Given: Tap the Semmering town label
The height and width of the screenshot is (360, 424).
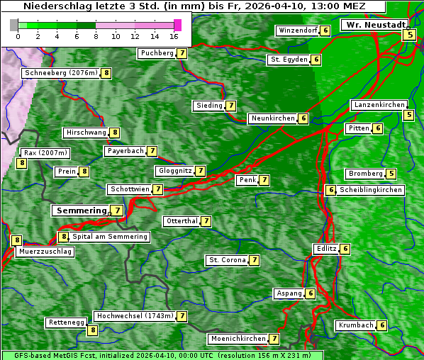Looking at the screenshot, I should [80, 210].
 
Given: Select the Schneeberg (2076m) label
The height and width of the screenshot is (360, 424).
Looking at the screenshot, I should [60, 73].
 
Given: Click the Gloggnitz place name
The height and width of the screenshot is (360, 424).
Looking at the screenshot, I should [174, 171].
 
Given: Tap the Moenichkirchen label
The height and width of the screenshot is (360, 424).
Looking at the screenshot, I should [238, 339].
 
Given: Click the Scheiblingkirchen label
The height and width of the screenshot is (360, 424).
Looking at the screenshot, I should [371, 190].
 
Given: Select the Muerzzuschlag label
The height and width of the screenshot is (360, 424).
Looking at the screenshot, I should [45, 252].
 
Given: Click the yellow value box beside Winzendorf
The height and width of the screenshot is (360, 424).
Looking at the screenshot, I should [325, 30].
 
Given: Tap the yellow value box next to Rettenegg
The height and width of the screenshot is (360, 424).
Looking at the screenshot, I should [92, 330].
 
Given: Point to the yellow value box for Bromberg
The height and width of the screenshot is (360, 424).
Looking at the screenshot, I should [391, 174].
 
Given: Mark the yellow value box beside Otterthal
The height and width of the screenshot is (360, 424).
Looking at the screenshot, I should [206, 221].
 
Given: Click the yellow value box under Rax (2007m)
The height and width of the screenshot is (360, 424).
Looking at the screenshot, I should [22, 163].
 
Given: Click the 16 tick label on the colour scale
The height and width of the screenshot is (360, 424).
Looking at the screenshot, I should [174, 35].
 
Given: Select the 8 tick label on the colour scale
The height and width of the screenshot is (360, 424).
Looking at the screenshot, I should [95, 35].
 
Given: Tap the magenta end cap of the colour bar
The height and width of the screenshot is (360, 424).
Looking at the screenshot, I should [177, 25].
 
